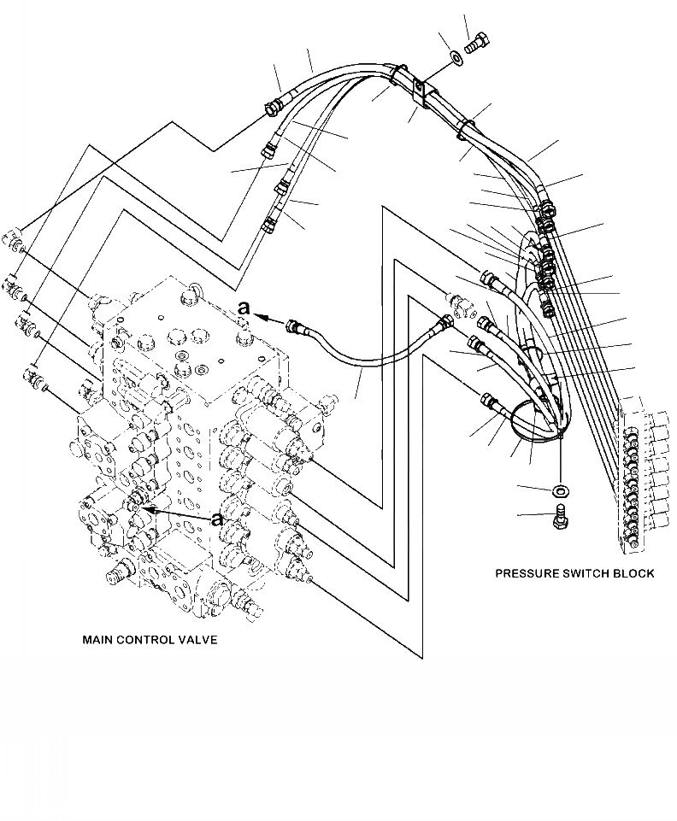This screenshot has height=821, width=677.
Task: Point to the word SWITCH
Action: tap(589, 573)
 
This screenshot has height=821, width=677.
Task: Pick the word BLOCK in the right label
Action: tap(635, 573)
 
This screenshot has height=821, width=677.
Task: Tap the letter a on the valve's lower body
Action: tap(218, 519)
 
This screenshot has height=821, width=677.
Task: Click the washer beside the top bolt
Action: tap(455, 58)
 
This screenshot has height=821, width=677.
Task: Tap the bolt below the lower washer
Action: tap(562, 515)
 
